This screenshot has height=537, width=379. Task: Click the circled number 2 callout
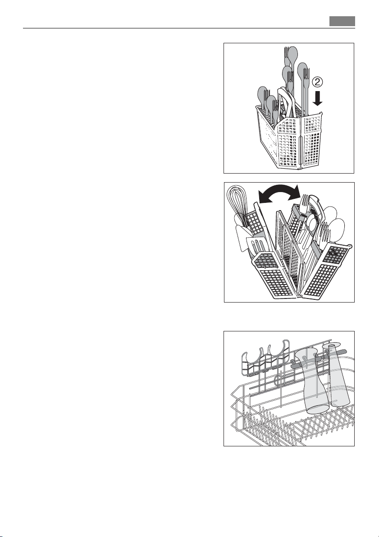(x=317, y=82)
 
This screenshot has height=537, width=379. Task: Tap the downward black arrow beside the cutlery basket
(x=317, y=98)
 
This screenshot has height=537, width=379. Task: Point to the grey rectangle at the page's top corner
(x=342, y=21)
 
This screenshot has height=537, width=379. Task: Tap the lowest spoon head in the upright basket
(x=271, y=103)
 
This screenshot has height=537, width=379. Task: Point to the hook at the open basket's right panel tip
(x=350, y=246)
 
